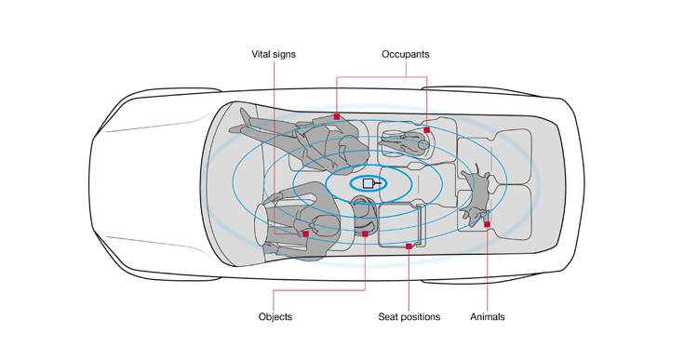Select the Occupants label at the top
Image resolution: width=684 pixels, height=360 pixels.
[405, 55]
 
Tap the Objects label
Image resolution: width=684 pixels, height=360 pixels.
[275, 317]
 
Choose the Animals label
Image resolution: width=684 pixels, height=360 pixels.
[488, 317]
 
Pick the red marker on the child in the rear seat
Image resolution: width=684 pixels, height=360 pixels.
[426, 130]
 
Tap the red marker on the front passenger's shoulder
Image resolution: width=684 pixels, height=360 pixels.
[337, 117]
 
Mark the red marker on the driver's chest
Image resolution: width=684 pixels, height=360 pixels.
[306, 234]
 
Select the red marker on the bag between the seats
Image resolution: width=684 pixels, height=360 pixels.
[366, 234]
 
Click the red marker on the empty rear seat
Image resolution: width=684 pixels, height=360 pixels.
[409, 247]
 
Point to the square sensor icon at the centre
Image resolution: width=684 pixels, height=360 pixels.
[369, 183]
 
